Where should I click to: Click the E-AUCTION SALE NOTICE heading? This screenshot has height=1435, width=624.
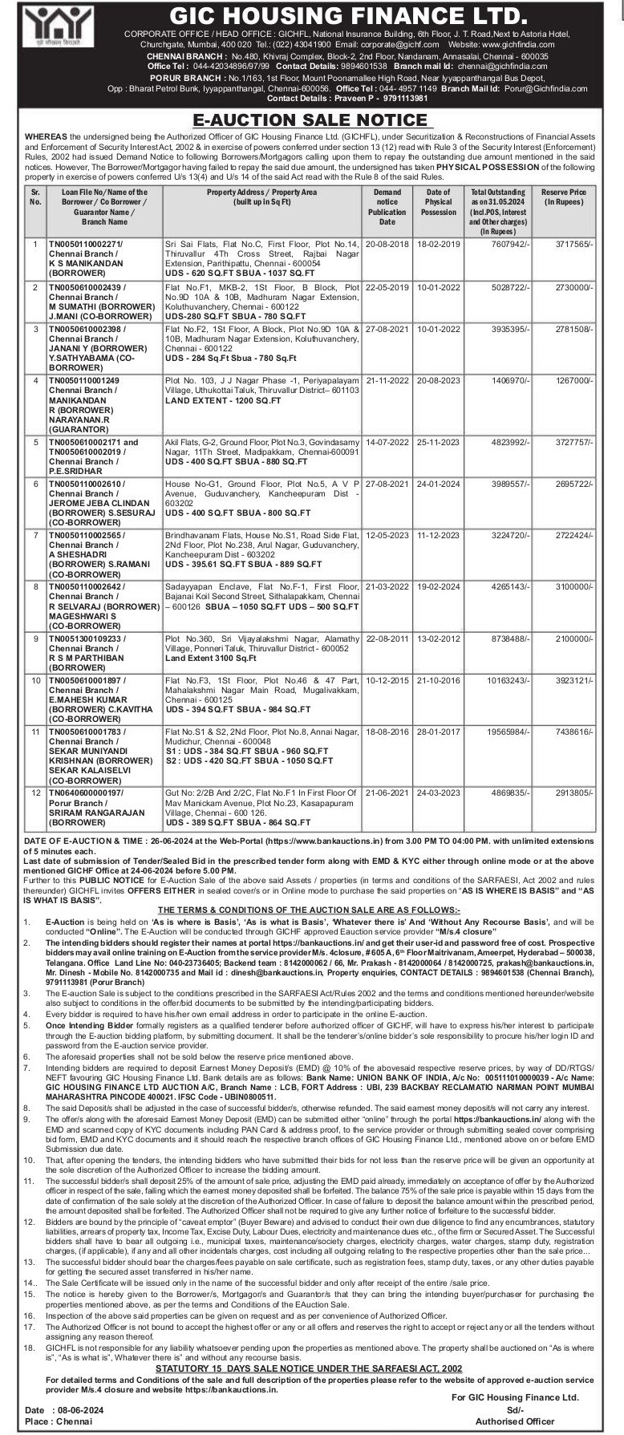coord(312,120)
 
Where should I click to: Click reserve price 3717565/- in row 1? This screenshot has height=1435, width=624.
coord(573,242)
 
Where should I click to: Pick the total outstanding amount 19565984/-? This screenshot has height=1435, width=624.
coord(504,732)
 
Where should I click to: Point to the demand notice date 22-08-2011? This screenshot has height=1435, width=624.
coord(387,638)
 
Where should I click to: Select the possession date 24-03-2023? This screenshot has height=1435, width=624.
coord(439,792)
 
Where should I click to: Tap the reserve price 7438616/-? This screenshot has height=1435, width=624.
coord(573,732)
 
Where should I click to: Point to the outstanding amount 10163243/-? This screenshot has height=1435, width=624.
coord(504,679)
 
